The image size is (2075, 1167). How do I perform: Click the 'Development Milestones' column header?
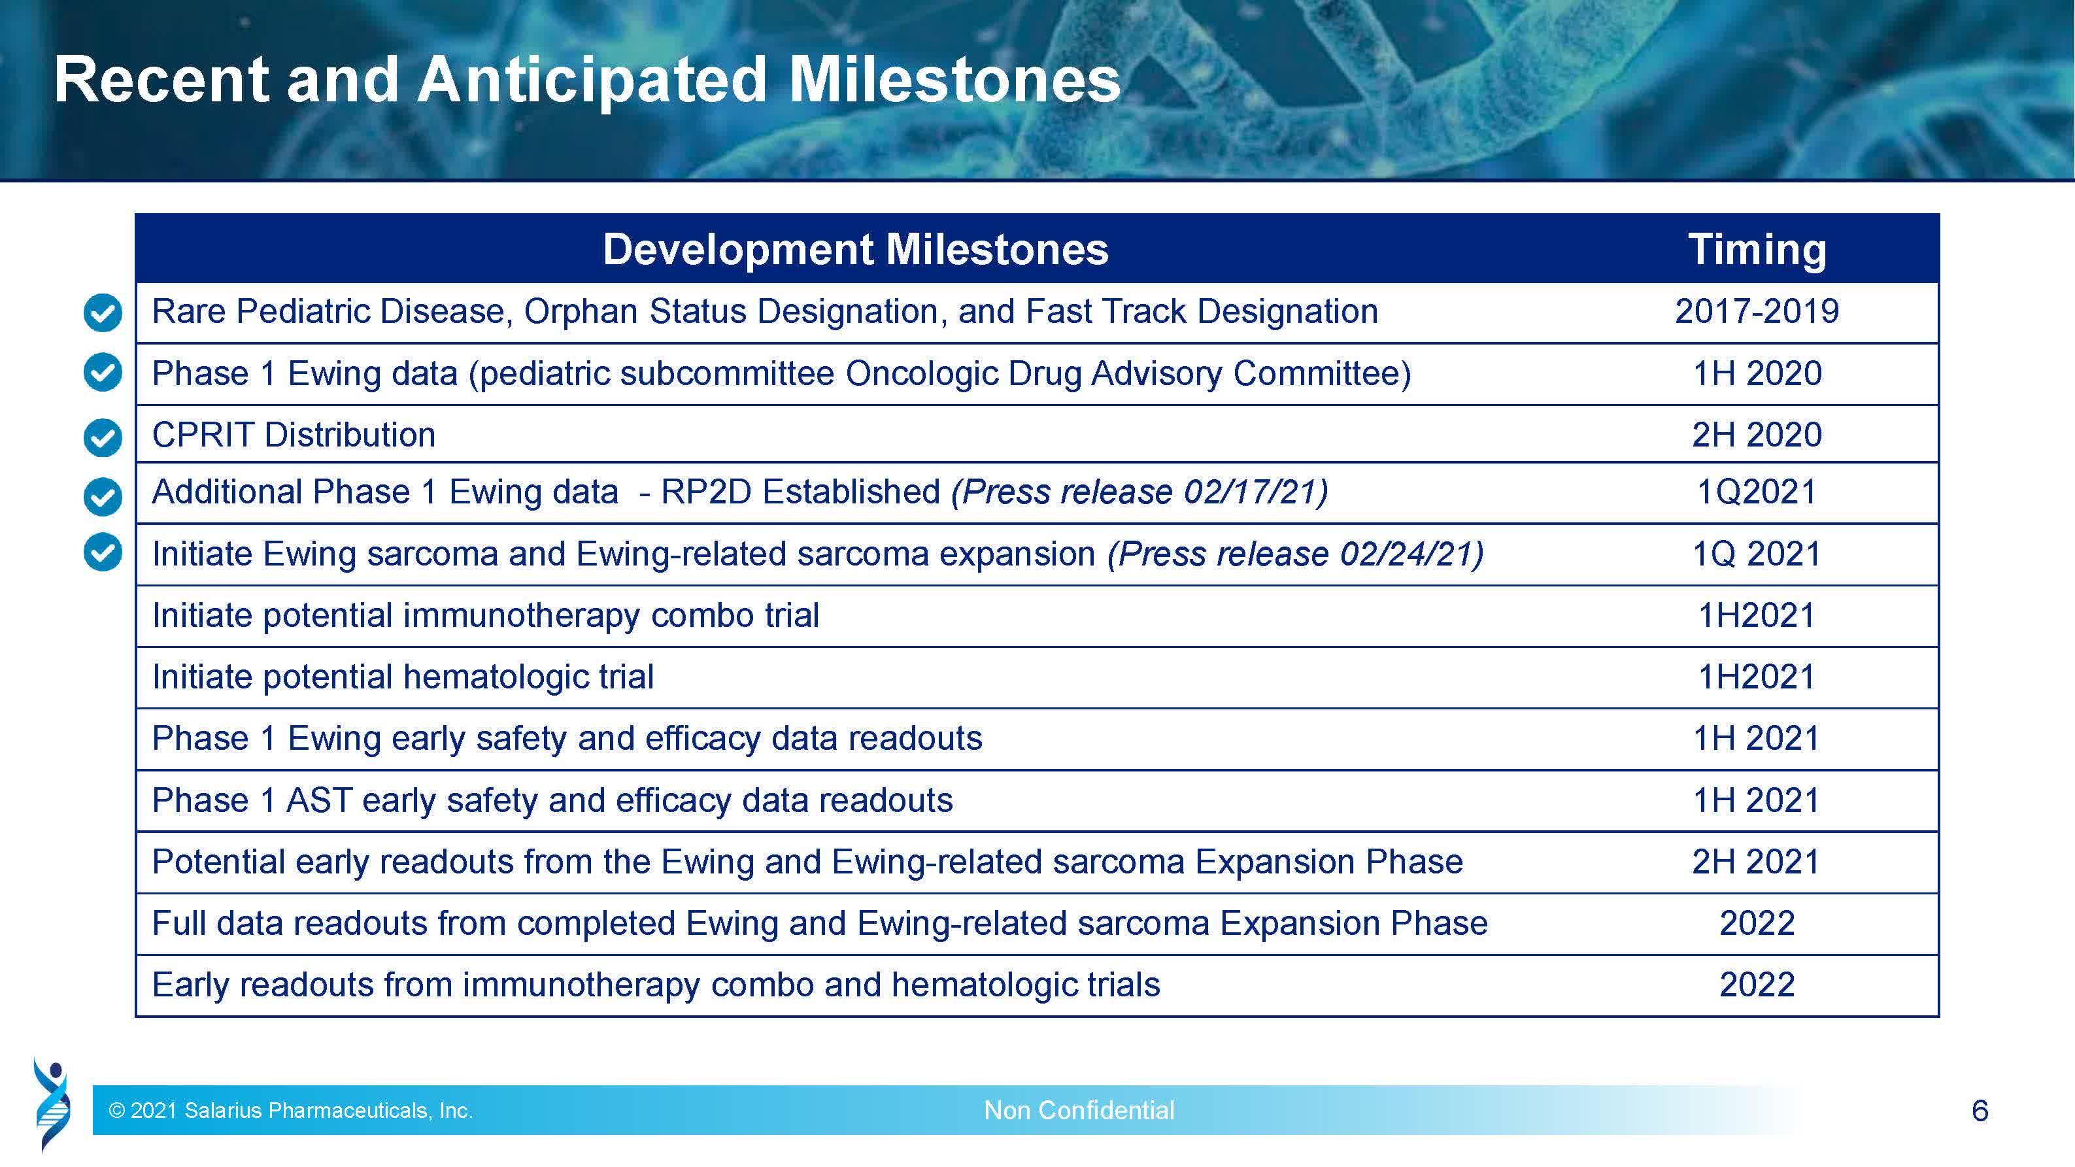pyautogui.click(x=856, y=249)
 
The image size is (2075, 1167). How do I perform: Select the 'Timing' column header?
pyautogui.click(x=1757, y=249)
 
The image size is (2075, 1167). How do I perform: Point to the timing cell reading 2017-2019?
pyautogui.click(x=1757, y=312)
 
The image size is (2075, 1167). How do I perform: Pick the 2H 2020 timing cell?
pyautogui.click(x=1757, y=435)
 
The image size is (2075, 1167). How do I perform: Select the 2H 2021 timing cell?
pyautogui.click(x=1756, y=862)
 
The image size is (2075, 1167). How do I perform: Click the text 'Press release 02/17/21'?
pyautogui.click(x=1139, y=492)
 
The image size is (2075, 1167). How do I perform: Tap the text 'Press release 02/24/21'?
pyautogui.click(x=1295, y=554)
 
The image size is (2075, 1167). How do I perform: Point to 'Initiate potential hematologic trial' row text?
pyautogui.click(x=403, y=677)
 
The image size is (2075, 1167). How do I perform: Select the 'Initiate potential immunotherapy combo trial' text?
pyautogui.click(x=486, y=616)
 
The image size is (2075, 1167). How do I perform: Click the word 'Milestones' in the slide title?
pyautogui.click(x=954, y=80)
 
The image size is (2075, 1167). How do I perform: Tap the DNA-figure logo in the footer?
pyautogui.click(x=52, y=1104)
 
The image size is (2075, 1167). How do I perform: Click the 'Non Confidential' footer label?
pyautogui.click(x=1079, y=1111)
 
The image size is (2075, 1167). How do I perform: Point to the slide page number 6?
pyautogui.click(x=1980, y=1111)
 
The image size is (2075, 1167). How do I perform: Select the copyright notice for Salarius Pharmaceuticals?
pyautogui.click(x=291, y=1111)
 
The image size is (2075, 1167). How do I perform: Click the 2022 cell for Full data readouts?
pyautogui.click(x=1757, y=923)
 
